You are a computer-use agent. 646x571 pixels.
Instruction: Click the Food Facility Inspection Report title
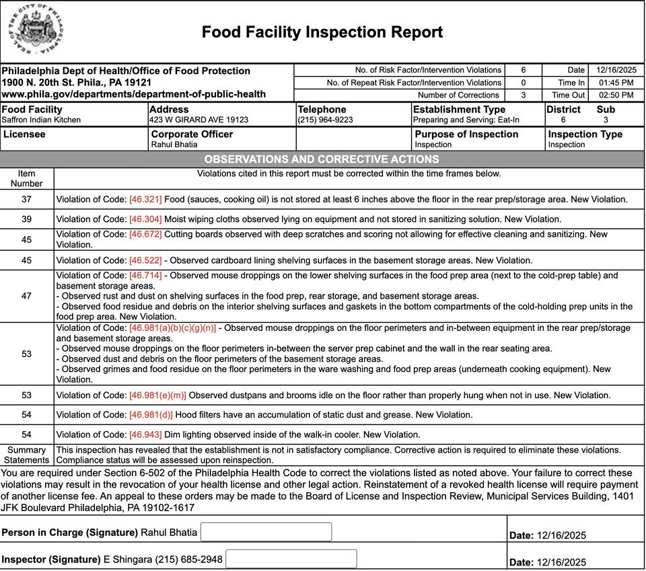click(322, 32)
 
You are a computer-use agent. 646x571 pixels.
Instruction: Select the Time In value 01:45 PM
click(616, 83)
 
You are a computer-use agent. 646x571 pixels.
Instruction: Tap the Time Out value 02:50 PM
click(616, 96)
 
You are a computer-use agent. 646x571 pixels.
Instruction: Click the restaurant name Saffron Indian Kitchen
click(41, 120)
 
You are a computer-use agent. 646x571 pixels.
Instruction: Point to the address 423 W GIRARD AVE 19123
click(199, 120)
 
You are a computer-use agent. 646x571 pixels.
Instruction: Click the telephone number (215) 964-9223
click(325, 120)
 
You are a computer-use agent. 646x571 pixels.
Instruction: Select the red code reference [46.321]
click(145, 200)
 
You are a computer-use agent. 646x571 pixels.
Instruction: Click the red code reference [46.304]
click(145, 219)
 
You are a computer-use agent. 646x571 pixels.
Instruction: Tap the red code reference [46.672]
click(145, 235)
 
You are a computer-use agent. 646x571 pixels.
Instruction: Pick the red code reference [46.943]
click(145, 435)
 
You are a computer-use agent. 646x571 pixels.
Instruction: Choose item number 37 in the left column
click(26, 200)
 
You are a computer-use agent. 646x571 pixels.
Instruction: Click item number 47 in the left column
click(26, 296)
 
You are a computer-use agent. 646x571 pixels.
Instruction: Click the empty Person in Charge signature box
click(266, 532)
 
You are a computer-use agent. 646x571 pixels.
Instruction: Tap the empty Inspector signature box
click(291, 559)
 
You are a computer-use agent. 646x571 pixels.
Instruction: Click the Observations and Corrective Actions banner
click(322, 159)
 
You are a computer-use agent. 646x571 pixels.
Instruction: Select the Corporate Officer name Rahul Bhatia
click(174, 145)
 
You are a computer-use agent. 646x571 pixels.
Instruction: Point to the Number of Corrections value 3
click(523, 96)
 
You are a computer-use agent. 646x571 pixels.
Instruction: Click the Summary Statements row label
click(26, 455)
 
